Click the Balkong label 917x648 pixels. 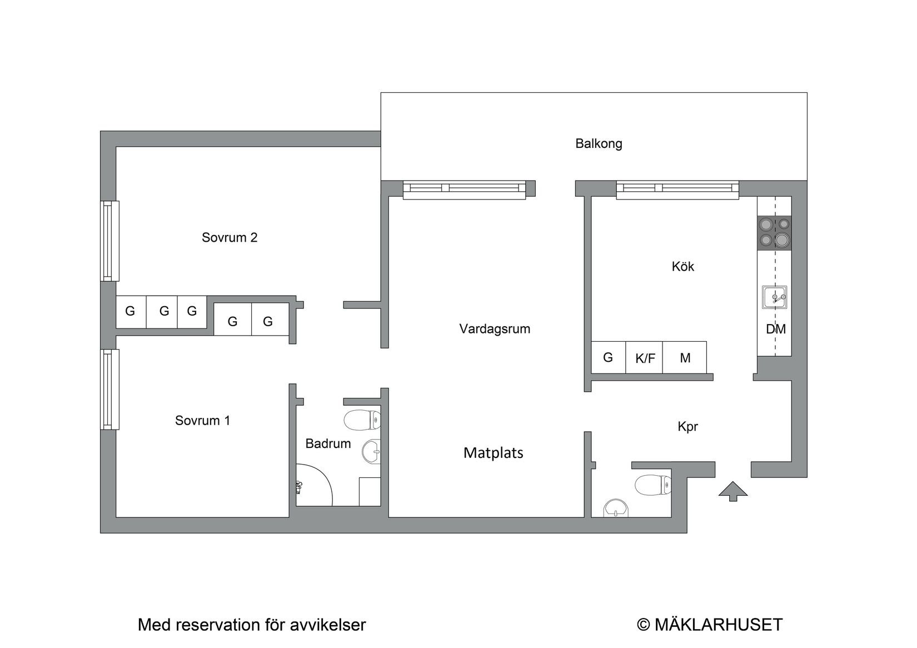pyautogui.click(x=599, y=144)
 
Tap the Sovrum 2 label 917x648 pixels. pyautogui.click(x=229, y=238)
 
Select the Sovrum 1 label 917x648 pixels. pyautogui.click(x=202, y=421)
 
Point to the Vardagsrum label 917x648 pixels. pyautogui.click(x=495, y=329)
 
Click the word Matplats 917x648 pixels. pyautogui.click(x=493, y=453)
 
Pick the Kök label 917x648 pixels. pyautogui.click(x=682, y=267)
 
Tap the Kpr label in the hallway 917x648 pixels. pyautogui.click(x=687, y=427)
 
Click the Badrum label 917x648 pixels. pyautogui.click(x=328, y=444)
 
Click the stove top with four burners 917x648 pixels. pyautogui.click(x=774, y=232)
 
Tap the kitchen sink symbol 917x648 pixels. pyautogui.click(x=774, y=297)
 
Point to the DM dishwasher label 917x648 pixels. pyautogui.click(x=775, y=330)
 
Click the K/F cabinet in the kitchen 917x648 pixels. pyautogui.click(x=645, y=358)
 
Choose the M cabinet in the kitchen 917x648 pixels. pyautogui.click(x=685, y=358)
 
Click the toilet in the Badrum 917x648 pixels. pyautogui.click(x=362, y=420)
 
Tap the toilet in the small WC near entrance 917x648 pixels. pyautogui.click(x=653, y=485)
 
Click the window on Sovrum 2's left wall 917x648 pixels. pyautogui.click(x=110, y=241)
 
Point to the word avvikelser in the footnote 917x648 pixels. pyautogui.click(x=327, y=625)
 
